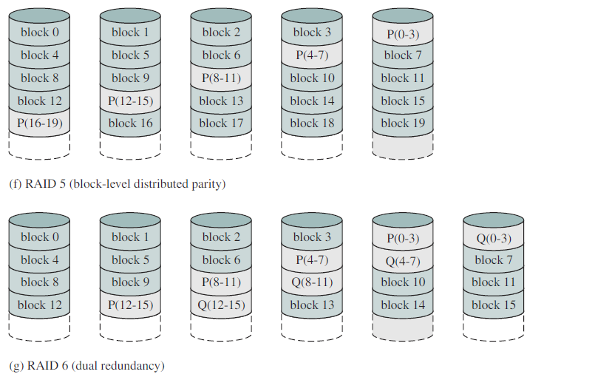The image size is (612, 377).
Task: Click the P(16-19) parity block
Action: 39,123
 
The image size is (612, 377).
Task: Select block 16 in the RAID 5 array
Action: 130,123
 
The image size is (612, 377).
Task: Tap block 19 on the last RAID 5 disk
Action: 403,123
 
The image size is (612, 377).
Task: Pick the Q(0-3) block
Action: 494,238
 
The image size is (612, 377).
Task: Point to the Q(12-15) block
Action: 221,305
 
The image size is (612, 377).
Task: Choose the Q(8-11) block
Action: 312,282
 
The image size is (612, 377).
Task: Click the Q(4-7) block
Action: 403,261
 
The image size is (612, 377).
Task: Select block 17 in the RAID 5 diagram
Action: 221,123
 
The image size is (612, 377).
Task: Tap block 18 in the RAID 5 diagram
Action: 312,123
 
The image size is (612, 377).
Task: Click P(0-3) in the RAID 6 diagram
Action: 403,238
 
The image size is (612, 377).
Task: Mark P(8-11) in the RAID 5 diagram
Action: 221,78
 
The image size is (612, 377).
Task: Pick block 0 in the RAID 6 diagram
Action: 39,237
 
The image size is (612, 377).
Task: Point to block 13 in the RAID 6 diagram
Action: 312,305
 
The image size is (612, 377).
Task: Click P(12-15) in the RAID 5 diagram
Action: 130,101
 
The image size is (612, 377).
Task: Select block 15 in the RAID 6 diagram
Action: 494,305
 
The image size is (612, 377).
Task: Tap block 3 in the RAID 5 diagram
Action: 312,32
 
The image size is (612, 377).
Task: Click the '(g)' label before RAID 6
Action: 16,366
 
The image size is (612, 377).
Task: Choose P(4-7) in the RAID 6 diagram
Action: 312,260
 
